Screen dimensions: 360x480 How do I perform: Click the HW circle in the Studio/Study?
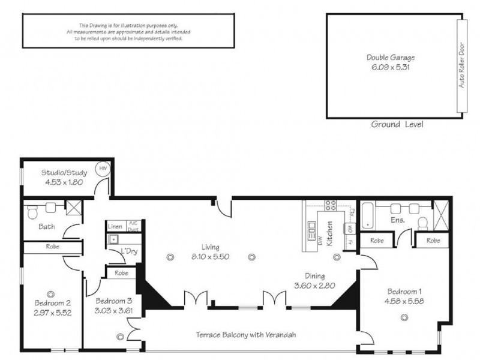click(103, 170)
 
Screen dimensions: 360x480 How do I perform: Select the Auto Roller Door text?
click(462, 66)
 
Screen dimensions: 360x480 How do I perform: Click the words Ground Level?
click(397, 125)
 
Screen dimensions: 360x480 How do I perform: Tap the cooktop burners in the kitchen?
click(330, 206)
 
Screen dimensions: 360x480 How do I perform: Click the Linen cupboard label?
click(116, 227)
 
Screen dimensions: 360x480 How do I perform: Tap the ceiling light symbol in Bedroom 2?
click(51, 293)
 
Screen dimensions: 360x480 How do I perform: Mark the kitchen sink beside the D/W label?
click(311, 227)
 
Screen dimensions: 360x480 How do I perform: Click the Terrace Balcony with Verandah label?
click(247, 335)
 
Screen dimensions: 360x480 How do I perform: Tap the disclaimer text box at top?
click(128, 31)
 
